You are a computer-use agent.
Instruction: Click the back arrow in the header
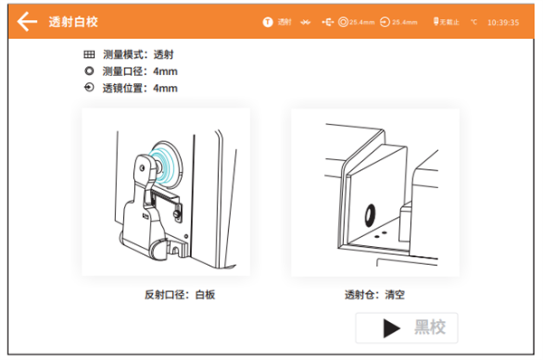click(28, 21)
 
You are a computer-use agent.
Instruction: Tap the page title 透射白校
click(74, 22)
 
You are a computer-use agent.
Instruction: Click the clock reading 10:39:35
click(502, 22)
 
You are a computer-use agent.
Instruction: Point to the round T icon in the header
click(267, 21)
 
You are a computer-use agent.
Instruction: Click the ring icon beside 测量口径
click(89, 71)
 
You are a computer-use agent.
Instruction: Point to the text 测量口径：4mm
click(140, 71)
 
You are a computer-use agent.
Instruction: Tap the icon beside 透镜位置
click(89, 88)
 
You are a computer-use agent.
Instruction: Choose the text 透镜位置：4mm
click(140, 88)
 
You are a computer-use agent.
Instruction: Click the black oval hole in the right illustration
click(369, 213)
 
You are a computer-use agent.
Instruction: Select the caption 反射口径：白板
click(179, 295)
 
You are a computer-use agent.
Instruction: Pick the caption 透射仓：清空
click(375, 295)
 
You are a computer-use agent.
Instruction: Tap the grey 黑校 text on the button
click(429, 327)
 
